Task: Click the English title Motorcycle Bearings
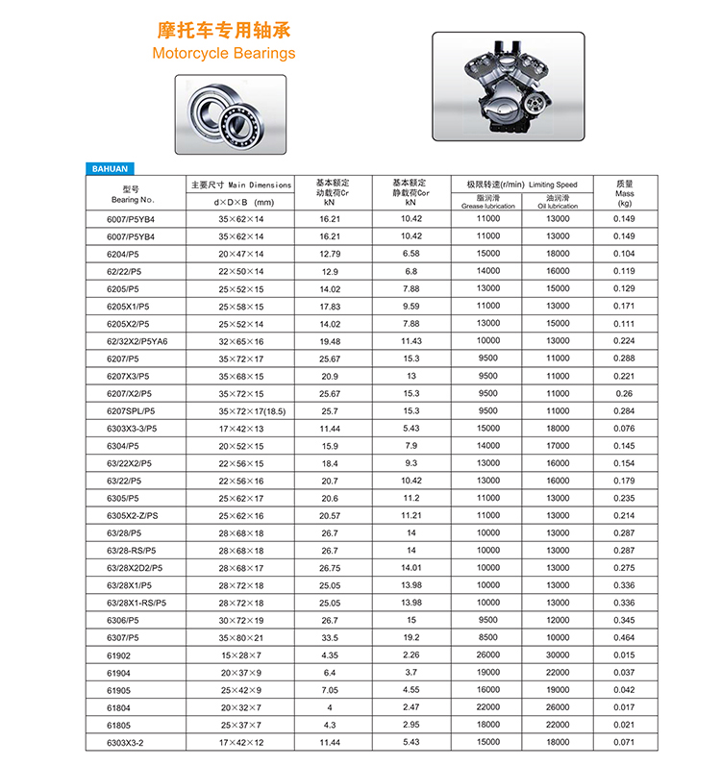click(224, 54)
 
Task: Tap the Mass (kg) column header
click(625, 192)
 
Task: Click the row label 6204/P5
click(123, 254)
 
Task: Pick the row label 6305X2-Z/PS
click(133, 515)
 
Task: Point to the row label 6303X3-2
click(126, 743)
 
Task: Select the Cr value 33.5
click(330, 638)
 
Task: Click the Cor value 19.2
click(411, 638)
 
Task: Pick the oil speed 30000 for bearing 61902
click(558, 655)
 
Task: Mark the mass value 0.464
click(625, 638)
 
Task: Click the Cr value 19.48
click(330, 340)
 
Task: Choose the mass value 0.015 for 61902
click(625, 655)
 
